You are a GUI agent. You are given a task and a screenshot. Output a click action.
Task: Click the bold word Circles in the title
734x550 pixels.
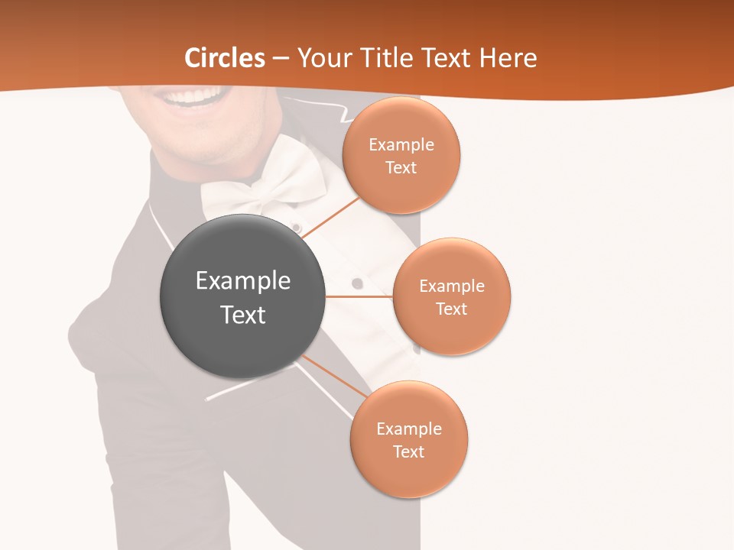225,58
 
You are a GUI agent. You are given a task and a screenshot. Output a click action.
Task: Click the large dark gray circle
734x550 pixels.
242,296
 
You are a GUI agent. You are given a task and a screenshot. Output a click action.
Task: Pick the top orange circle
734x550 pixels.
401,155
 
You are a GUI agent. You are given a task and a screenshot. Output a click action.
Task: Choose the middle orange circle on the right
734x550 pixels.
451,296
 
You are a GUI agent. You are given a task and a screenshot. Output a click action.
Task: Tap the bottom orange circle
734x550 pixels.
408,439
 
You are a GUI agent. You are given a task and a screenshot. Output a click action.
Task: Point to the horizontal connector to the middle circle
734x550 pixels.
359,296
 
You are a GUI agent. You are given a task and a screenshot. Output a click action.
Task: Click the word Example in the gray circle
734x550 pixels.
243,281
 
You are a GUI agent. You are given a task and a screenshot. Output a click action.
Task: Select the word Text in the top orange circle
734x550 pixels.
401,167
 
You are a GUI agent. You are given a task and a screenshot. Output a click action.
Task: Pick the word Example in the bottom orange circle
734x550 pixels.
408,429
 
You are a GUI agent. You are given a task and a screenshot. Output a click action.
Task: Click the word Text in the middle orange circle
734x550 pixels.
451,309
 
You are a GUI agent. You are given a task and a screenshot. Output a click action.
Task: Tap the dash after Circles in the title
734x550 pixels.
281,58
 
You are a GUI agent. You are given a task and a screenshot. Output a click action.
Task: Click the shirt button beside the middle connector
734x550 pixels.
357,283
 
